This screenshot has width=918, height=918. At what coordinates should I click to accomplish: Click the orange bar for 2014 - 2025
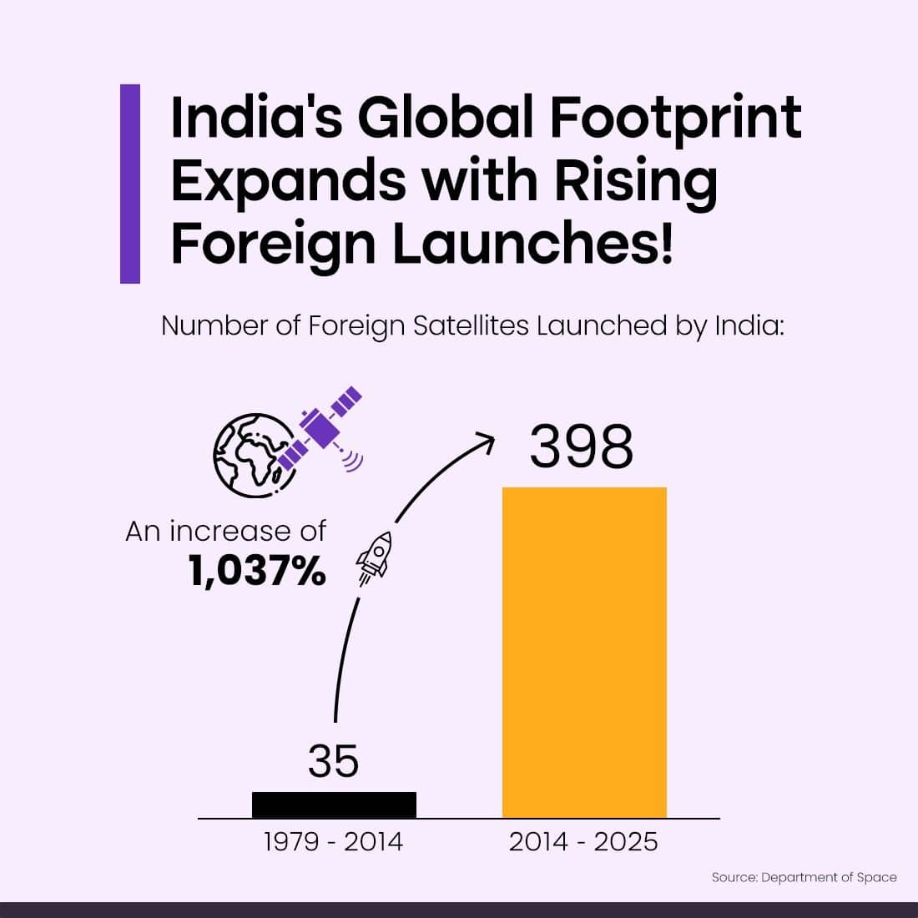[584, 652]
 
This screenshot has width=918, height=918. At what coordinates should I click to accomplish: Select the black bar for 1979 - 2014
[334, 805]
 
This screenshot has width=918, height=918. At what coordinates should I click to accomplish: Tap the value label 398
[582, 447]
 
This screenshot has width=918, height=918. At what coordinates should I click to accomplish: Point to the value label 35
[333, 760]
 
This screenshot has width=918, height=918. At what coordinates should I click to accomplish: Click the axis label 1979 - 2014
[333, 842]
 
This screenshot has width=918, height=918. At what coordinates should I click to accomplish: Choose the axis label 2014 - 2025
[583, 842]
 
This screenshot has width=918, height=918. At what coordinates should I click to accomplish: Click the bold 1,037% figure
[257, 572]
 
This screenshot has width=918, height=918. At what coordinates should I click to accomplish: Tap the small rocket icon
[374, 554]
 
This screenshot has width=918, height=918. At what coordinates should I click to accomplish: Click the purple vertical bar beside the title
[130, 184]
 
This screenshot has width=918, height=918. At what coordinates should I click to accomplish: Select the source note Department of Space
[804, 877]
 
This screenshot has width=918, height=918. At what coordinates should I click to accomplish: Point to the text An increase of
[225, 532]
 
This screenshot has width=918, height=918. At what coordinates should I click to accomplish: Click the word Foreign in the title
[273, 244]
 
